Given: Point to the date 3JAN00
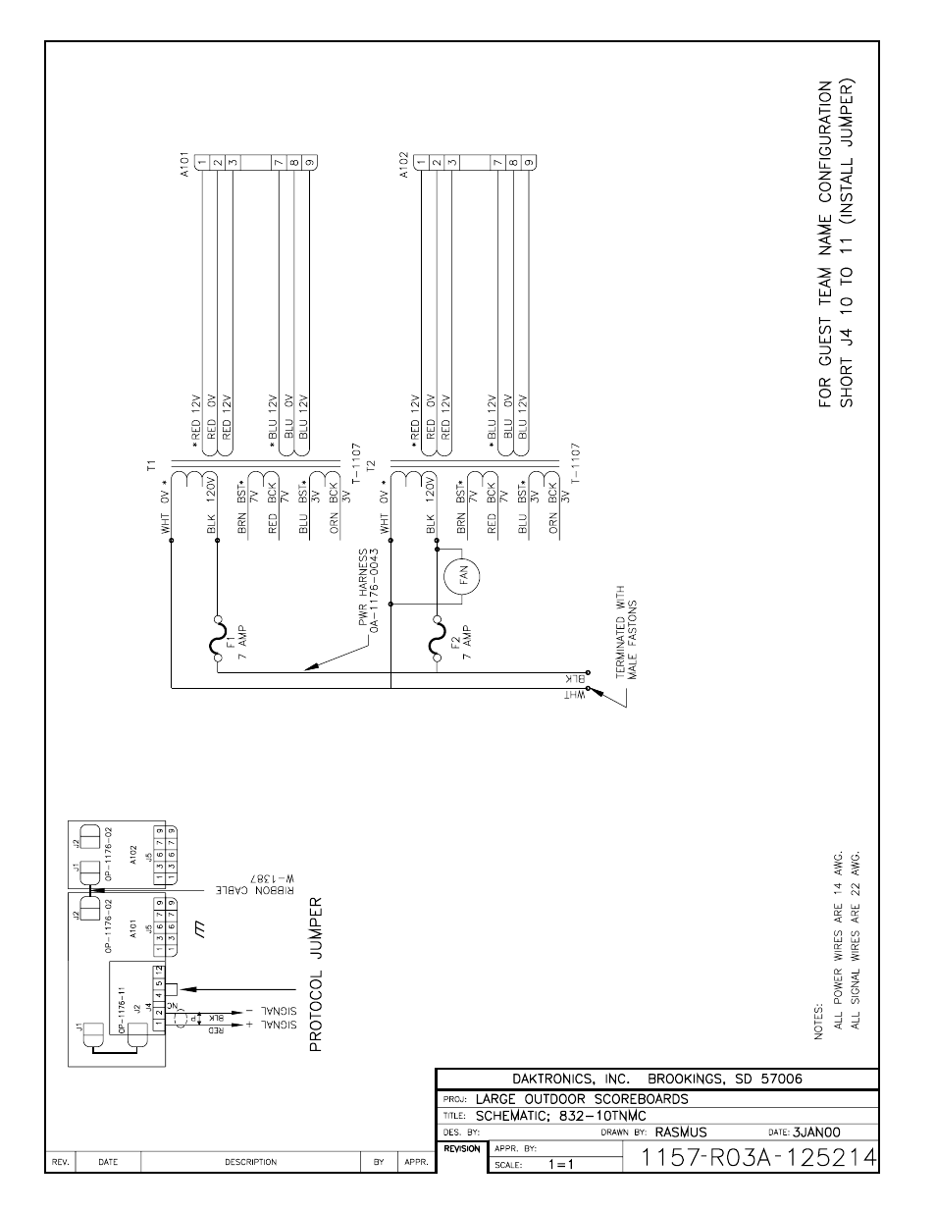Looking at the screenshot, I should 817,1132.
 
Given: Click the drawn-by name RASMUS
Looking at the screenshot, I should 681,1132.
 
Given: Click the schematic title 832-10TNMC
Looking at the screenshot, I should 604,1116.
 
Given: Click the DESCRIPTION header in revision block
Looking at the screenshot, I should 250,1162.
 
